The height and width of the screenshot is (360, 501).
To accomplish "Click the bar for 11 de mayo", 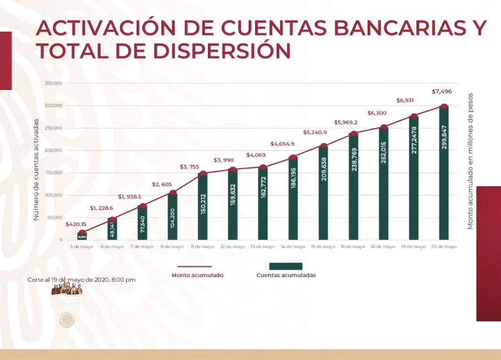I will (202, 207).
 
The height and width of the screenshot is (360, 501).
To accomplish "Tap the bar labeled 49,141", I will (112, 229).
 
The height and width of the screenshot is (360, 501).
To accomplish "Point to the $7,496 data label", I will (441, 91).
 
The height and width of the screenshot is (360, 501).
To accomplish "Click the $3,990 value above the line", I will (224, 160).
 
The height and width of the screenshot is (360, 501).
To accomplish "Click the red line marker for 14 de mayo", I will (293, 158).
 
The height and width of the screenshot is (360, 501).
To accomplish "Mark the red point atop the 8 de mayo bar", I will (172, 192).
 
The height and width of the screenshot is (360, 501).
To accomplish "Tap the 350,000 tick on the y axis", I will (54, 83).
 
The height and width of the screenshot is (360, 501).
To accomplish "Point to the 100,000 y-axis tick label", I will (54, 195).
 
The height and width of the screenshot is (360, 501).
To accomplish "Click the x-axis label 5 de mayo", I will (82, 247).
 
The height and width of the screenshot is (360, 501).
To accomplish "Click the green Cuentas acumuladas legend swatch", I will (286, 266).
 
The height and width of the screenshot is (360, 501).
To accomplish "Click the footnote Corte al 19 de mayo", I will (81, 280).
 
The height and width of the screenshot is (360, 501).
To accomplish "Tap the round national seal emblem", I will (67, 320).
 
